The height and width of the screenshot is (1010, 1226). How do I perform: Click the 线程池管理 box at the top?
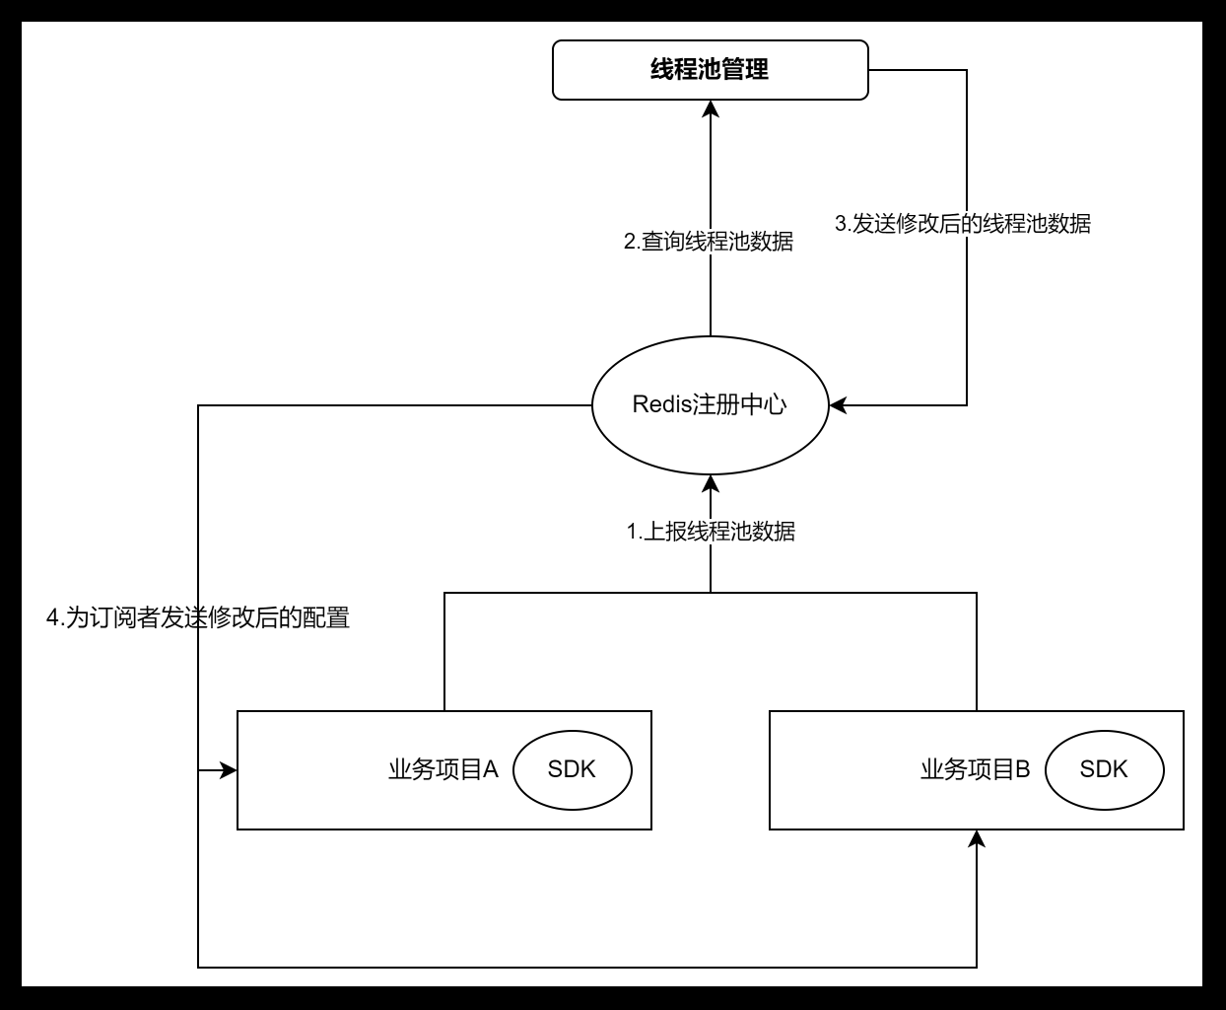[x=710, y=70]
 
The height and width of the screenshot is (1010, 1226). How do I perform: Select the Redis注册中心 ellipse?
[x=710, y=434]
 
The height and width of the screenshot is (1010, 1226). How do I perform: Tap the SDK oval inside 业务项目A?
[x=572, y=769]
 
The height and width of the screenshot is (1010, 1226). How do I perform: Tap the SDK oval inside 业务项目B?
[x=1104, y=769]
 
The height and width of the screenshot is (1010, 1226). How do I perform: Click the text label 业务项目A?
[x=443, y=769]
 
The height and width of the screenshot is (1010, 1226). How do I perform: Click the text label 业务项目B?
[x=975, y=769]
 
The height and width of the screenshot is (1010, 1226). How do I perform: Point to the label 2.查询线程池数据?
[x=709, y=242]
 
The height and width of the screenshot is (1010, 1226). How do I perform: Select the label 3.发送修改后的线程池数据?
[x=963, y=224]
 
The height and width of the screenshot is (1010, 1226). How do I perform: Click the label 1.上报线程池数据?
[x=711, y=532]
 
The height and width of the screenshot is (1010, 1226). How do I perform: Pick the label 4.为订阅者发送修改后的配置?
[x=198, y=618]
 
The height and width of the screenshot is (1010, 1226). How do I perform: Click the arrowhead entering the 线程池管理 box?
[x=711, y=108]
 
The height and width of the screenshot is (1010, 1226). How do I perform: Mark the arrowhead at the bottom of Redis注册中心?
[x=711, y=483]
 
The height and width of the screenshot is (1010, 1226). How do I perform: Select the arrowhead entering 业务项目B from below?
[x=977, y=838]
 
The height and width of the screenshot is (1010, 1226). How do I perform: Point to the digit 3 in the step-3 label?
[x=841, y=224]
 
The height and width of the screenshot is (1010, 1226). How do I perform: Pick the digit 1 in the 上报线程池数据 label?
[x=632, y=532]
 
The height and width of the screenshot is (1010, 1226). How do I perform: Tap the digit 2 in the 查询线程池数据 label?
[x=630, y=242]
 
